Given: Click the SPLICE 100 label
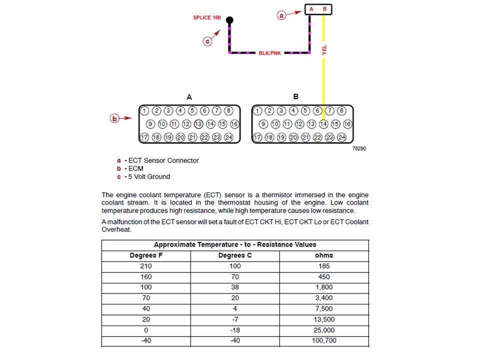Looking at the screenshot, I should [207, 17].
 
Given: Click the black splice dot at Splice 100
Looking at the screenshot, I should [229, 20].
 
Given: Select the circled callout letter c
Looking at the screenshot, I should [207, 42].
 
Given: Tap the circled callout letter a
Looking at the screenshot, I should [281, 16].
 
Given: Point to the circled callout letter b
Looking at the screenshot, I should [115, 119].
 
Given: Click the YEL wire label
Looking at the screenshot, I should [324, 50].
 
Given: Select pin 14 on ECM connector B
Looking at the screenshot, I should [323, 124].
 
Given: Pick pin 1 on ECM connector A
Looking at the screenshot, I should [144, 111].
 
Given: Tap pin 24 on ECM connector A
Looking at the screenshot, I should [228, 137].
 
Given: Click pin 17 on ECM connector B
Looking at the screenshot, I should [257, 137].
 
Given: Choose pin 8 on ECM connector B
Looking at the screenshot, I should [341, 111].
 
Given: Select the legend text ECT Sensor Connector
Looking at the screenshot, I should [163, 160].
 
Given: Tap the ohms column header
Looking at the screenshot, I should [324, 255].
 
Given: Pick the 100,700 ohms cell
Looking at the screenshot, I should [324, 341].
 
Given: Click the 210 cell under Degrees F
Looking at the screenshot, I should [146, 266].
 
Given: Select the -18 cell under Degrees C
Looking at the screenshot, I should [235, 330].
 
